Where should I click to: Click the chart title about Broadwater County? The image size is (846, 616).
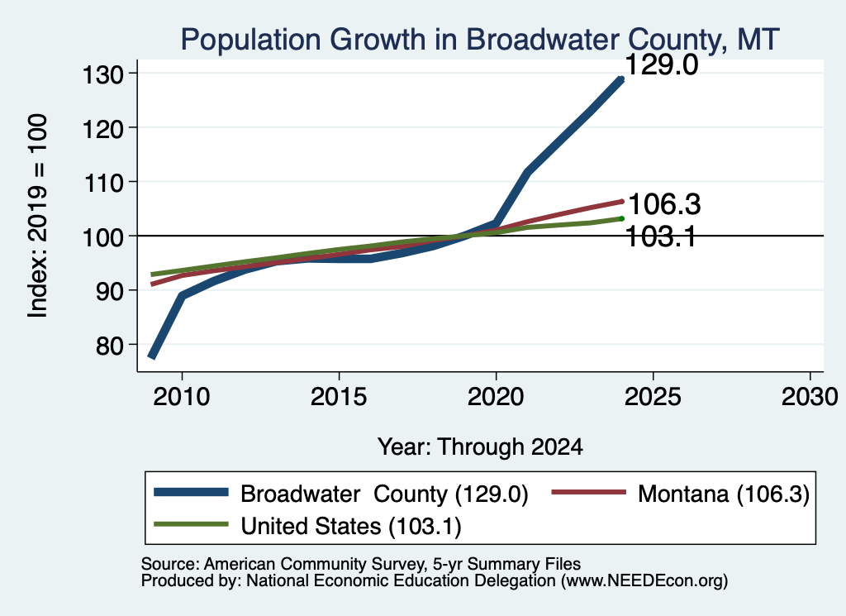(x=480, y=40)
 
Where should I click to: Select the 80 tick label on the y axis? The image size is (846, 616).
(x=110, y=346)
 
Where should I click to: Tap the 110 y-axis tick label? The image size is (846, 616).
(x=103, y=183)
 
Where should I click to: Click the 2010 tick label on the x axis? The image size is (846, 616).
(x=182, y=398)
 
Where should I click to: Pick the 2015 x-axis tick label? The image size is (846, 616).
(x=339, y=398)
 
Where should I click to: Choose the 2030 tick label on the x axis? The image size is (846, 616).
(x=810, y=398)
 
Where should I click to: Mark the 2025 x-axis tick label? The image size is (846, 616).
(x=653, y=398)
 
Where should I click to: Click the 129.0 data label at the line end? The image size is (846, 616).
(x=662, y=65)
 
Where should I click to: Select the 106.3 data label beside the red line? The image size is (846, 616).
(x=665, y=204)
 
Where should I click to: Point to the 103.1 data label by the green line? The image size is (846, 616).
(x=661, y=237)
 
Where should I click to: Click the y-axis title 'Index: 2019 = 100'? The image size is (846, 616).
(x=38, y=216)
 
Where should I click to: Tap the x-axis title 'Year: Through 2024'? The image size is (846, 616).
(x=480, y=447)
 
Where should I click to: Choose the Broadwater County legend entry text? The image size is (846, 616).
(x=384, y=494)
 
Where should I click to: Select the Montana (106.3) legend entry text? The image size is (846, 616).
(x=724, y=494)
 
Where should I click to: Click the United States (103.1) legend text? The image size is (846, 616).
(x=350, y=527)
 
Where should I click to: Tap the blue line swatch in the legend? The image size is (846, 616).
(x=191, y=492)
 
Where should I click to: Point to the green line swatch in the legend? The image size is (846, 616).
(x=191, y=524)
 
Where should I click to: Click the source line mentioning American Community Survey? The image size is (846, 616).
(x=361, y=564)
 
